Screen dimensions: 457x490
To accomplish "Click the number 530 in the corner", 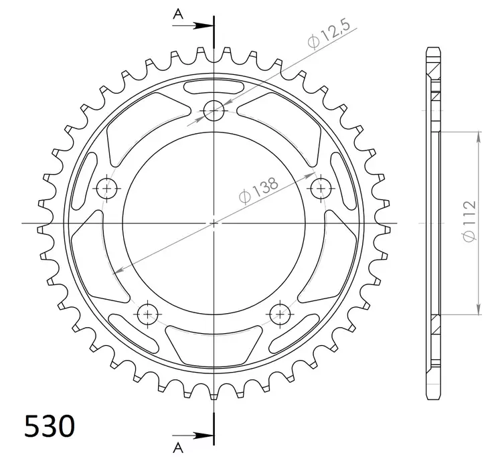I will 50,425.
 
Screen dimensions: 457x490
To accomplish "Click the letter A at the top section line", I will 177,13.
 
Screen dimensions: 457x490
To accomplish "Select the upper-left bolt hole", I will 107,189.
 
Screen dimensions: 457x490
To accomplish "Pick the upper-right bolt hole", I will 321,189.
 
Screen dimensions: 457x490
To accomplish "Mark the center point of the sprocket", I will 214,222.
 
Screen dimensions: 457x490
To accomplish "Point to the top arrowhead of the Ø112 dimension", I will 478,137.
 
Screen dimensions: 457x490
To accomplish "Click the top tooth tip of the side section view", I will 433,50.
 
